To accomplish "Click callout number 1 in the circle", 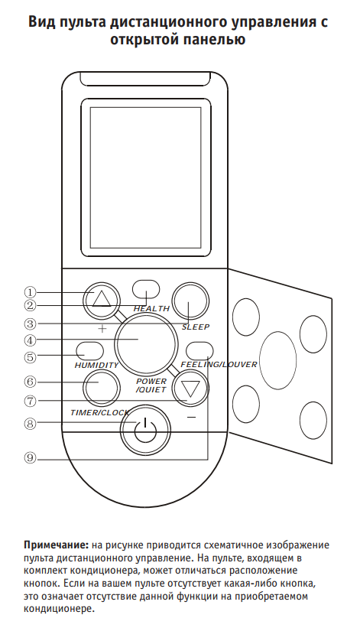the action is (30, 292).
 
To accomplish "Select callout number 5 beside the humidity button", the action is (30, 357).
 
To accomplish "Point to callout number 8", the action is (30, 423).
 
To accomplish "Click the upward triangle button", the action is (102, 300).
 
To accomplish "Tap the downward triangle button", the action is (190, 387).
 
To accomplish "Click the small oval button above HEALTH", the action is (147, 289).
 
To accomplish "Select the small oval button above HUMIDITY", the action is (89, 350).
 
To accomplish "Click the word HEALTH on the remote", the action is (151, 309).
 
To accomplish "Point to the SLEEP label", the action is (196, 327).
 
